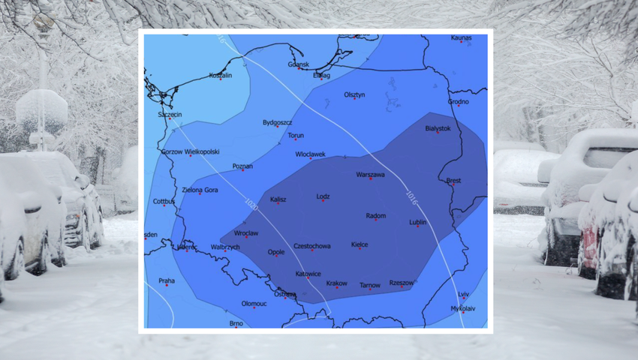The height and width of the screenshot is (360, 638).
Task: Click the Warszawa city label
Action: click(370, 175)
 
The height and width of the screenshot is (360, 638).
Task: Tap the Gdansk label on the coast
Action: click(298, 64)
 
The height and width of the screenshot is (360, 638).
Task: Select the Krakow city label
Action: click(337, 283)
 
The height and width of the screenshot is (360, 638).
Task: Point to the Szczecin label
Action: click(170, 114)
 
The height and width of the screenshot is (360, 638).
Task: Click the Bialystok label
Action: click(438, 128)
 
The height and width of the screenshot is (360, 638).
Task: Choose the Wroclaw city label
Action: click(246, 233)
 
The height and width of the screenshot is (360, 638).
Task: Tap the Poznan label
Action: click(242, 166)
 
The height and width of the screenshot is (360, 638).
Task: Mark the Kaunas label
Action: click(462, 37)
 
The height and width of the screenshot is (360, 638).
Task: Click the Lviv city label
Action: click(464, 294)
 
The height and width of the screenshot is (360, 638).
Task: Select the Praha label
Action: click(167, 281)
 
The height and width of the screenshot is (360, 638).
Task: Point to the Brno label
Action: click(236, 323)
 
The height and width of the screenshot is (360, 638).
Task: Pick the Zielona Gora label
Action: click(200, 190)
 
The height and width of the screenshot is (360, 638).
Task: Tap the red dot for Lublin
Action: click(417, 226)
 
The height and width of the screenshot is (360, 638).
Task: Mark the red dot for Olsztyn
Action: click(354, 100)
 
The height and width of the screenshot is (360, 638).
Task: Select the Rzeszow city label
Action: click(402, 283)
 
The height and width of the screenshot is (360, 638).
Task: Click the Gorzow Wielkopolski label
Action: click(191, 151)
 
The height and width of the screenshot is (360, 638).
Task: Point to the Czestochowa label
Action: click(312, 245)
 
